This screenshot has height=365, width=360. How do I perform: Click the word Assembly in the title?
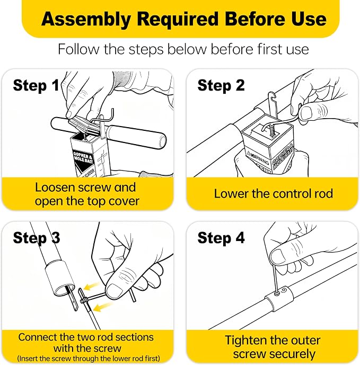(86, 20)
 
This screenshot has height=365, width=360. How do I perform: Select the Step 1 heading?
(36, 86)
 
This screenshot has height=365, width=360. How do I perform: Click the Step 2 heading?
(221, 86)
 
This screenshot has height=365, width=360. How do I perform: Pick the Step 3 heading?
(37, 238)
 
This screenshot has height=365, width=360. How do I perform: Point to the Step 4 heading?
(221, 238)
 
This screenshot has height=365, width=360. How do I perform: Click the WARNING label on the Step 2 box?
(258, 158)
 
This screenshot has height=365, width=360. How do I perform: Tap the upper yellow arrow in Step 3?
(92, 286)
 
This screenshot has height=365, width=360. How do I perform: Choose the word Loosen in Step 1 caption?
(55, 188)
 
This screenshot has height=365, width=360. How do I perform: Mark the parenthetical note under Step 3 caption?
(89, 358)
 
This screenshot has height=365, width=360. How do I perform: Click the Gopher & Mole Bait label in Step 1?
(83, 157)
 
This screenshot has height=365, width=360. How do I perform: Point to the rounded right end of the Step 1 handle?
(162, 141)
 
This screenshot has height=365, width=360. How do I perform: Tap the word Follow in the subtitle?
(78, 49)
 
